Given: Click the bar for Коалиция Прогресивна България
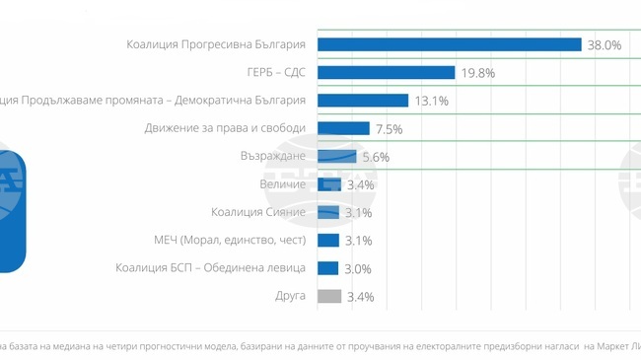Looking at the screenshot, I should pos(449,44).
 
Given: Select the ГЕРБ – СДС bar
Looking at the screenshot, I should pos(386,72).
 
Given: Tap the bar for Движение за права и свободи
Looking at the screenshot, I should pos(343,128).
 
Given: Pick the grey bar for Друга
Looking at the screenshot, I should pos(329,296).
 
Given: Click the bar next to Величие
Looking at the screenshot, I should pos(329,184).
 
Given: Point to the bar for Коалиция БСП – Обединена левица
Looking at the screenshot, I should pos(328,268).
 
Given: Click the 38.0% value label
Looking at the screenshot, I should pos(605,45).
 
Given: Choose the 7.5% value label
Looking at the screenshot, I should pos(390,129).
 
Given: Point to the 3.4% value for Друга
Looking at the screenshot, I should pos(361,297).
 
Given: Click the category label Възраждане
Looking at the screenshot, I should pos(273,156).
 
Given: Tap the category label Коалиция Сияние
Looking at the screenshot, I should pos(258,212).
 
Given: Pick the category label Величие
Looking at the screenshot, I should pos(283,184).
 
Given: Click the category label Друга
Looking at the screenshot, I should pos(290,296).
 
